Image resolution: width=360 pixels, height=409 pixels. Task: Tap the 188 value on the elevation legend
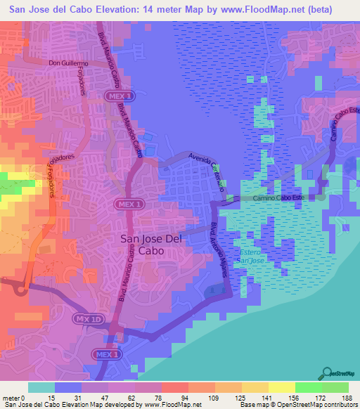coord(347,397)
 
